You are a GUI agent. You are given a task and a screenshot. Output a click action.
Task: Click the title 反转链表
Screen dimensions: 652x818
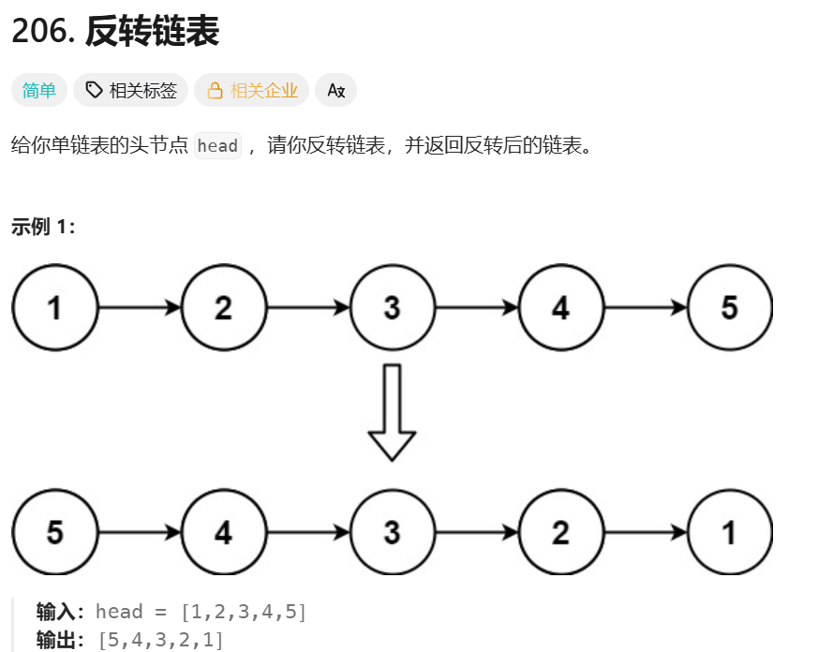tap(152, 33)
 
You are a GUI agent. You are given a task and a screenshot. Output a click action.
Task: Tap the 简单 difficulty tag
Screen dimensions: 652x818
tap(39, 90)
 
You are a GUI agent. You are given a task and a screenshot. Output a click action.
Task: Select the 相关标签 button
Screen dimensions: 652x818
tap(131, 90)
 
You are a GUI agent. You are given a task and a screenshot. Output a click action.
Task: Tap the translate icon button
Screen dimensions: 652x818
tap(336, 90)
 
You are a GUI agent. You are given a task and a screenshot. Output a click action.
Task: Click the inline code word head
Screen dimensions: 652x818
tap(217, 146)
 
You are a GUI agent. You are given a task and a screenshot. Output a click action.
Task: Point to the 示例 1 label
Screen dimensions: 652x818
tap(43, 227)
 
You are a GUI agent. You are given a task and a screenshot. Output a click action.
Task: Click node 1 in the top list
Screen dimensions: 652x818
tap(55, 307)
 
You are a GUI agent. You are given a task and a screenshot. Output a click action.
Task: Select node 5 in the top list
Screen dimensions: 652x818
tap(730, 307)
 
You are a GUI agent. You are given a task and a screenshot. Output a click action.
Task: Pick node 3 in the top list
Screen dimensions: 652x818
tap(393, 307)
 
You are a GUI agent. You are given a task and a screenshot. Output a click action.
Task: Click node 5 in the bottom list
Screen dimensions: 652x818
tap(55, 532)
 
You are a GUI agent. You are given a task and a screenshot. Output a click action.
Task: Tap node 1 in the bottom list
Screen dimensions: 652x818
tap(730, 532)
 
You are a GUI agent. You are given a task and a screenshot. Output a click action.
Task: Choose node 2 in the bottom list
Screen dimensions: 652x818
tap(561, 532)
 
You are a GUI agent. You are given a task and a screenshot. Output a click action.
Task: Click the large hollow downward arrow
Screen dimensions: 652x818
tap(393, 412)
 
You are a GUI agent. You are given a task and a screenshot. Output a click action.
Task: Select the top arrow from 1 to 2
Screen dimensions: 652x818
tap(140, 307)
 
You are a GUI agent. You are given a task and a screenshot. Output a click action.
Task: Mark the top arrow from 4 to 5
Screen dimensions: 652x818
tap(646, 307)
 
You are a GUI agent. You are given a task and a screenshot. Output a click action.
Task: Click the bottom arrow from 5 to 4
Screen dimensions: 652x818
tap(140, 532)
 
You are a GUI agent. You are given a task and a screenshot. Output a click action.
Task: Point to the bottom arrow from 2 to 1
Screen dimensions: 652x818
tap(646, 532)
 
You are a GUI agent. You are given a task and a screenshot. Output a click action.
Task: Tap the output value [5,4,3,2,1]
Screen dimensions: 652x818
tap(160, 641)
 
